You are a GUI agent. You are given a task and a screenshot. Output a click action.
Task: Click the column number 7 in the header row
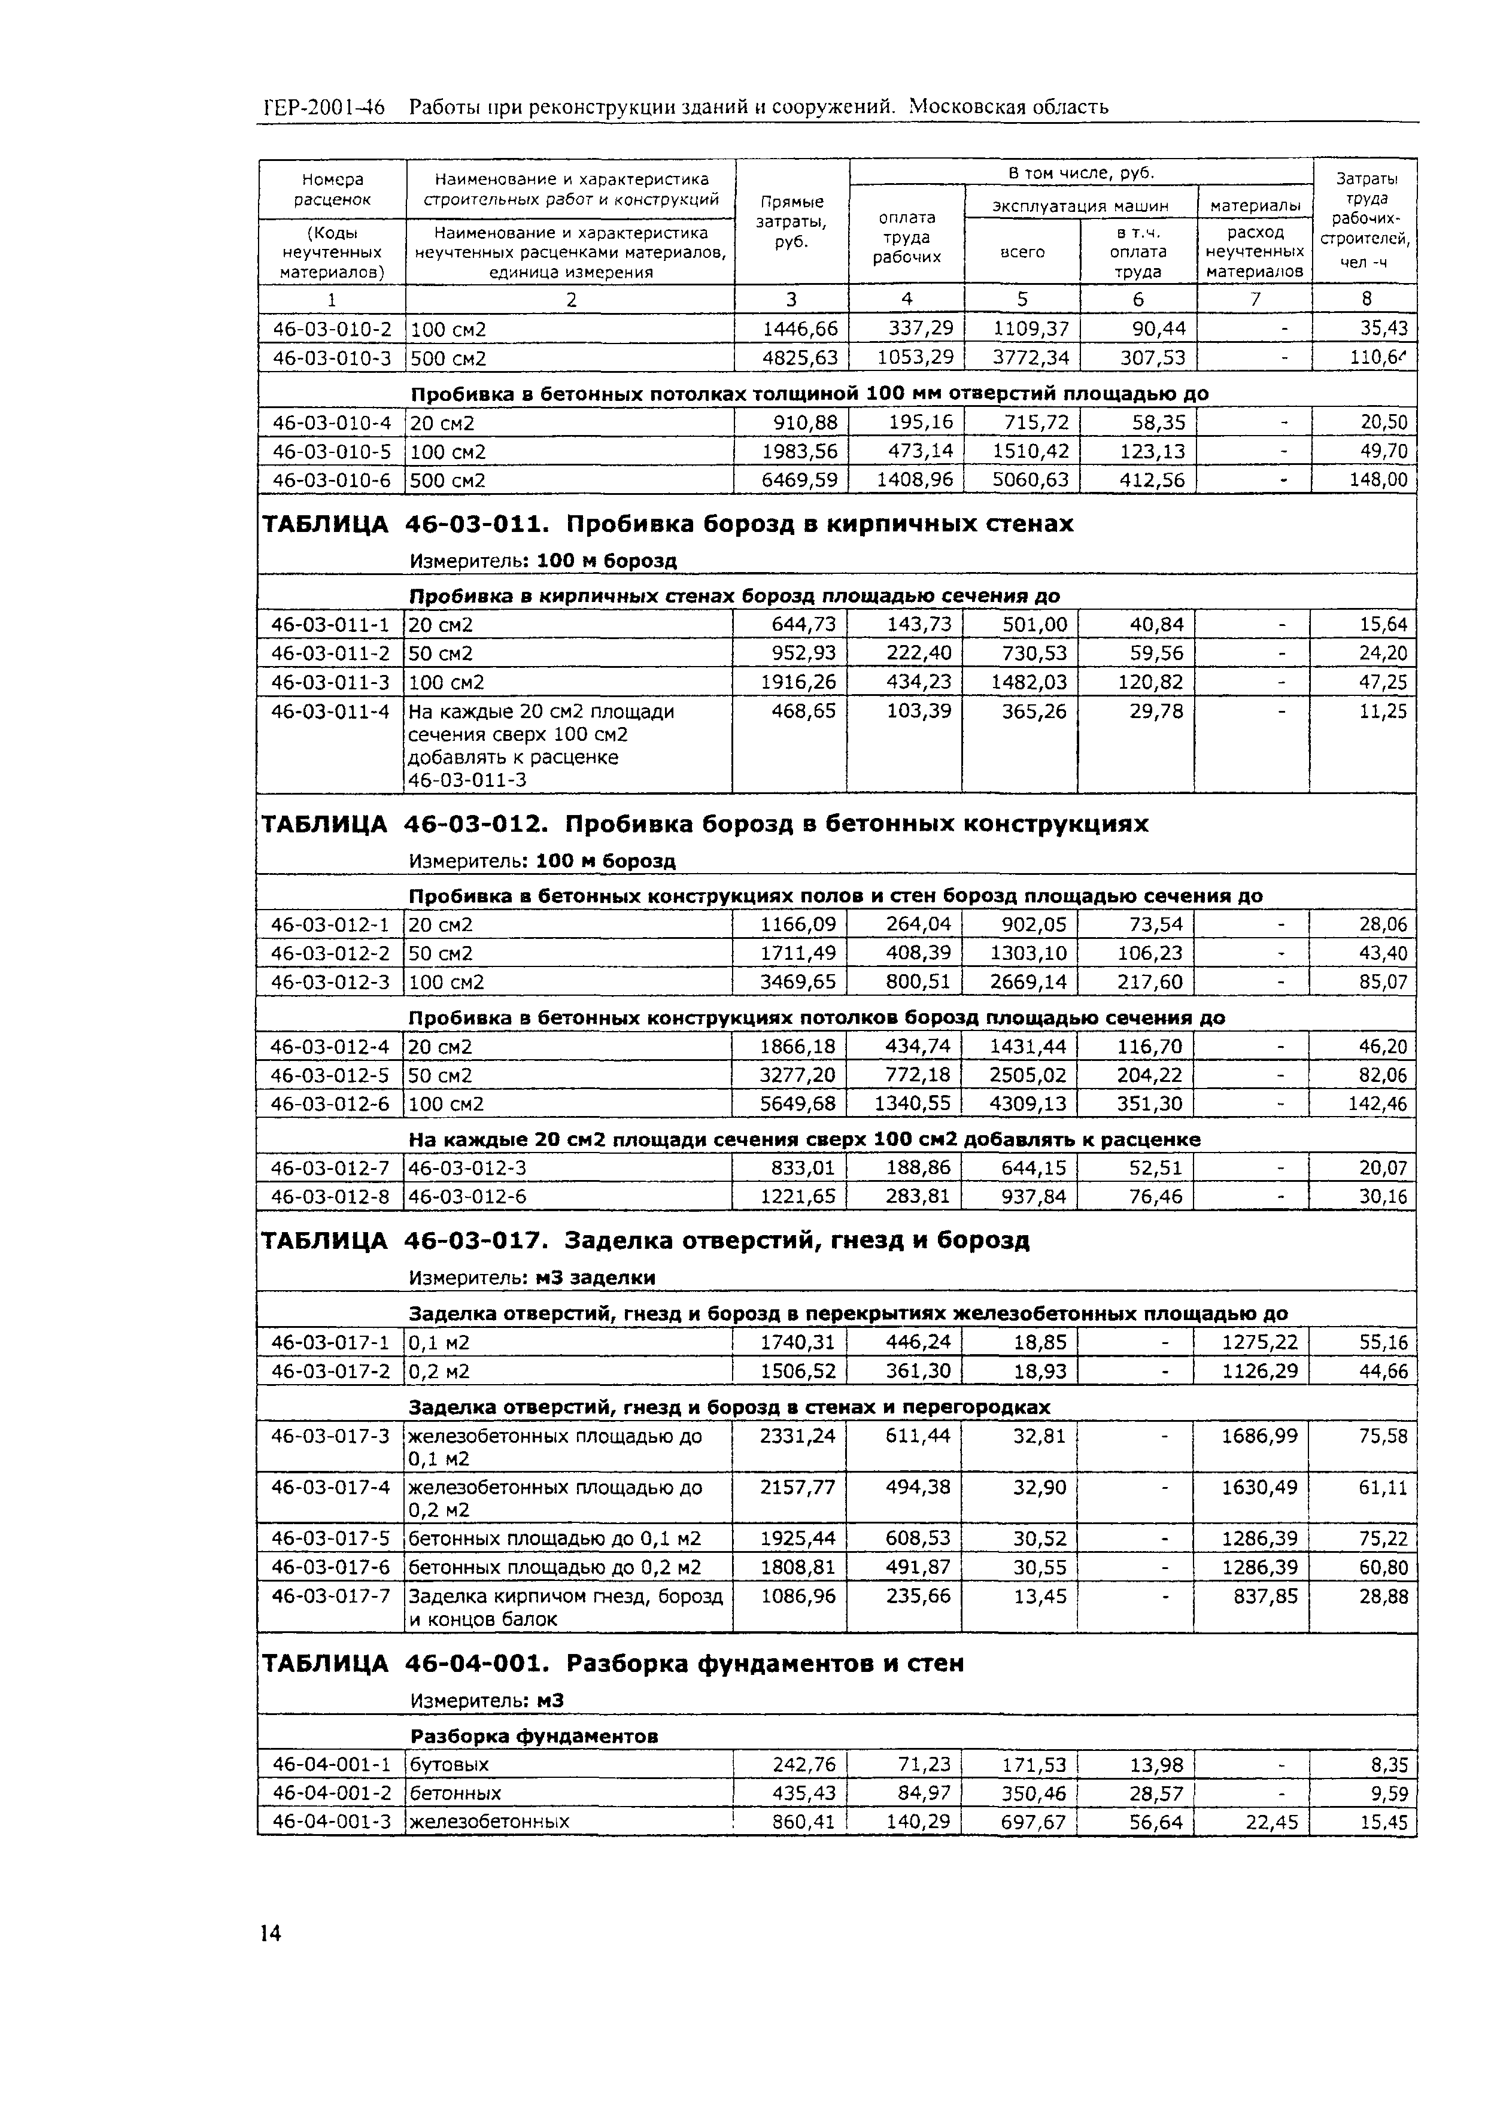click(x=1255, y=299)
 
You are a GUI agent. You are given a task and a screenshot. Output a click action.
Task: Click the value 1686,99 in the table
click(x=1260, y=1436)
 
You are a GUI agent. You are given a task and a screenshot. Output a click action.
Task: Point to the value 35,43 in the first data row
click(x=1383, y=328)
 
